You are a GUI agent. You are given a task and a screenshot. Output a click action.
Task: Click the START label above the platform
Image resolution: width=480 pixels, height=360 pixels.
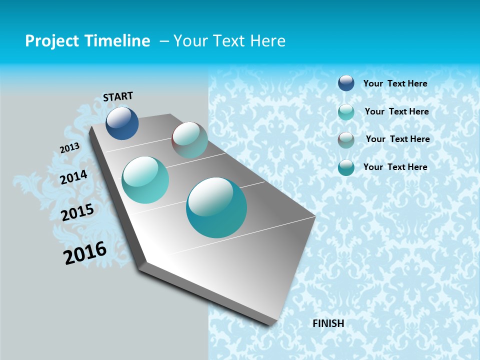click(118, 96)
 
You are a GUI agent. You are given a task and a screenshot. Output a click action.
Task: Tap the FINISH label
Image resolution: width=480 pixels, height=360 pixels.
click(328, 323)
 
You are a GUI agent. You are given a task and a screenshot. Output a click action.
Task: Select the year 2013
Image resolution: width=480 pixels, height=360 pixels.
click(69, 148)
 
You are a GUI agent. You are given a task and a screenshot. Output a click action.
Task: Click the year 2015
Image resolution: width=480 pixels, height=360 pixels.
click(77, 212)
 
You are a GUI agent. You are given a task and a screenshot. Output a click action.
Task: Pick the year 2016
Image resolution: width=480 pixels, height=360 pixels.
click(85, 252)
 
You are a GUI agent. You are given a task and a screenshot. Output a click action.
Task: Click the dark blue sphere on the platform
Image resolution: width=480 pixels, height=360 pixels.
click(122, 123)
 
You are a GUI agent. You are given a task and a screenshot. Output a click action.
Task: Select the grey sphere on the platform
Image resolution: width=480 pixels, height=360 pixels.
click(189, 140)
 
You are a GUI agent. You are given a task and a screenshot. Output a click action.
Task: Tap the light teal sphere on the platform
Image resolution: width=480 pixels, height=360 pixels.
click(145, 180)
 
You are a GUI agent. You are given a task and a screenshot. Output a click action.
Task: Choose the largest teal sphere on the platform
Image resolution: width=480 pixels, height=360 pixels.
click(216, 207)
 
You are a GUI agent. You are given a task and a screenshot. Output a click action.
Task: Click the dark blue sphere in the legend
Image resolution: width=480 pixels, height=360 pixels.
click(346, 83)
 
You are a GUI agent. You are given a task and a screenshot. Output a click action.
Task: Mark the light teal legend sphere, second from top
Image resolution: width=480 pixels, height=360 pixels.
click(346, 111)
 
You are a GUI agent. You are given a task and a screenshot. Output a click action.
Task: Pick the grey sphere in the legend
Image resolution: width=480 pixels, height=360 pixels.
click(346, 139)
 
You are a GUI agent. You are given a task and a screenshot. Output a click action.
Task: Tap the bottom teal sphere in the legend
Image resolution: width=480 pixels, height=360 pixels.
click(346, 167)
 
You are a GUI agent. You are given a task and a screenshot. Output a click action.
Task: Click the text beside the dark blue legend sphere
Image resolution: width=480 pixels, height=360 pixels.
click(395, 83)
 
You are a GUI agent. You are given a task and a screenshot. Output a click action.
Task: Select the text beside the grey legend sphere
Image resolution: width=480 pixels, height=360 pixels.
click(397, 139)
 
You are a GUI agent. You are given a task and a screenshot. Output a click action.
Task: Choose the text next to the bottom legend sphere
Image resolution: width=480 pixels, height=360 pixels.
click(395, 167)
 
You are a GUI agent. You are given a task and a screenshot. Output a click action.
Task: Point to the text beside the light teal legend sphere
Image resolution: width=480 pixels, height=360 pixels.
click(396, 111)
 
